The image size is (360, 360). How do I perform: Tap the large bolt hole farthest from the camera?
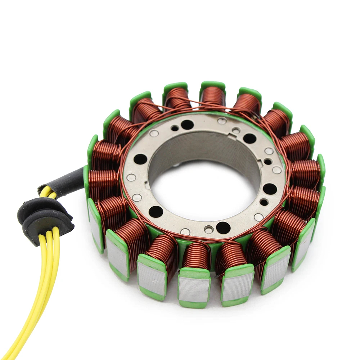(x=187, y=125)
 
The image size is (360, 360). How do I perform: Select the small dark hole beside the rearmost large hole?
(x=175, y=128)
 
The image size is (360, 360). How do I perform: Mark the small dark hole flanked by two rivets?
(x=267, y=162)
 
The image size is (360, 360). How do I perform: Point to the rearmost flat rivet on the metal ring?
(x=222, y=121)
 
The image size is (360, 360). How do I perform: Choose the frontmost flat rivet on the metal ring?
(x=185, y=231)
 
